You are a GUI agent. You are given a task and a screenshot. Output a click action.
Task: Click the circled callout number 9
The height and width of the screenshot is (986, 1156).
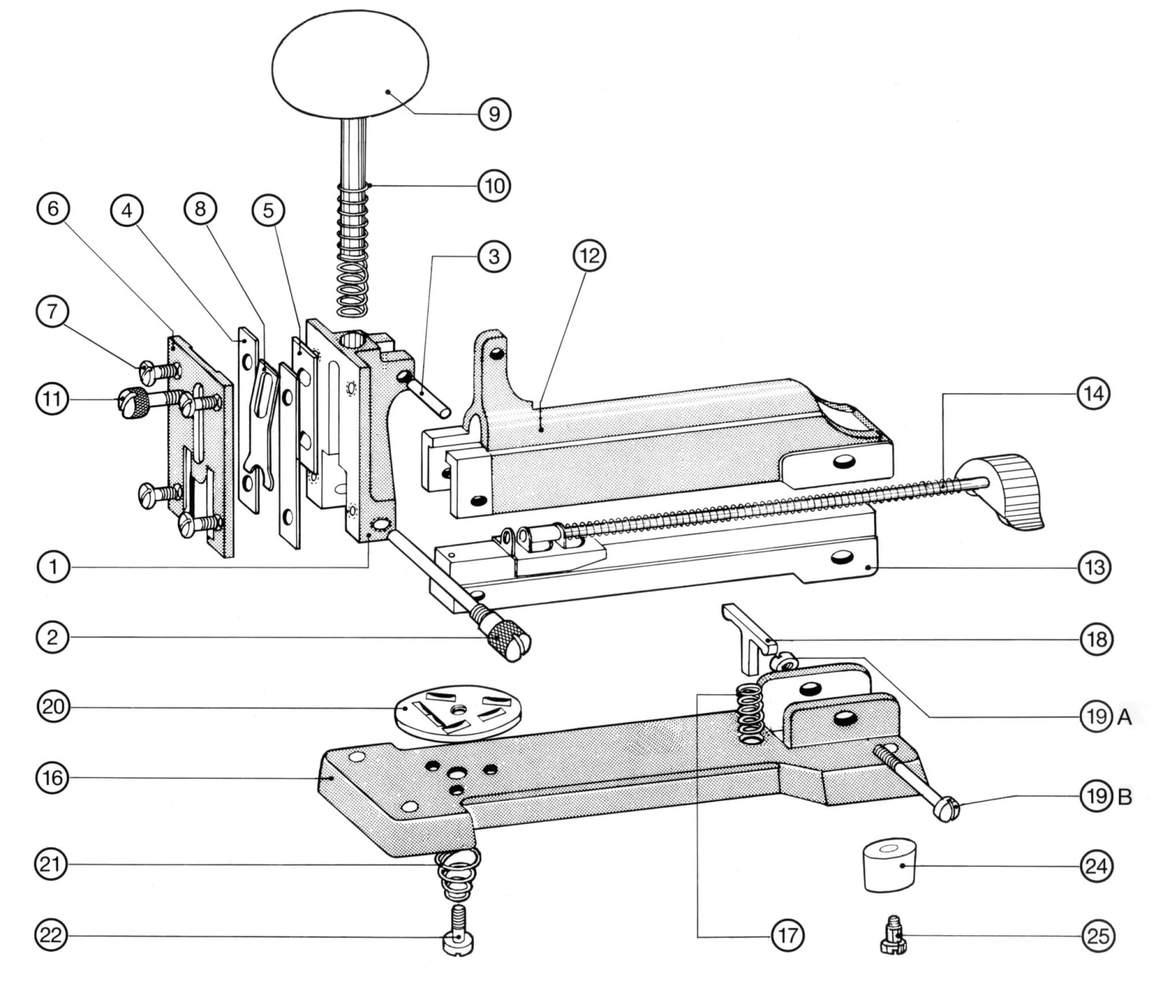pos(495,114)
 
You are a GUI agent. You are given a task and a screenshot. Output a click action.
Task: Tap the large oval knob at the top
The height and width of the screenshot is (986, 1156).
pos(351,66)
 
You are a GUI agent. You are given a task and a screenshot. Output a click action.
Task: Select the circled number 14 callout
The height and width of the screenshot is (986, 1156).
pos(1094,394)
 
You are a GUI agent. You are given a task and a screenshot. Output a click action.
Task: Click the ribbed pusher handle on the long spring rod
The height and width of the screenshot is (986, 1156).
pos(1002,491)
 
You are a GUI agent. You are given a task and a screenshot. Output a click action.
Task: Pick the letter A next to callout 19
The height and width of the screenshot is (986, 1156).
pos(1124,718)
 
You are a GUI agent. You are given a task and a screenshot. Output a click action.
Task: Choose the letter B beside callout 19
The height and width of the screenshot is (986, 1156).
pos(1124,797)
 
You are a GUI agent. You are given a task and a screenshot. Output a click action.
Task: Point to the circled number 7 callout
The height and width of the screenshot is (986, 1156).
pos(52,311)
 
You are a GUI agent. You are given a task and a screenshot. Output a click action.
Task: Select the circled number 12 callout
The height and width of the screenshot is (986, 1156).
pos(590,256)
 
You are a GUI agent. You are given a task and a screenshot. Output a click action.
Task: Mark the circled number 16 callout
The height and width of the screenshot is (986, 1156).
pos(52,777)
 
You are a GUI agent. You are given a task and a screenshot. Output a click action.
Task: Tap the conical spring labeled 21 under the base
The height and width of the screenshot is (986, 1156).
pos(459,875)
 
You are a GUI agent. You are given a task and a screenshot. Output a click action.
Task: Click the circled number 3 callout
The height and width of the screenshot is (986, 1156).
pos(494,256)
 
